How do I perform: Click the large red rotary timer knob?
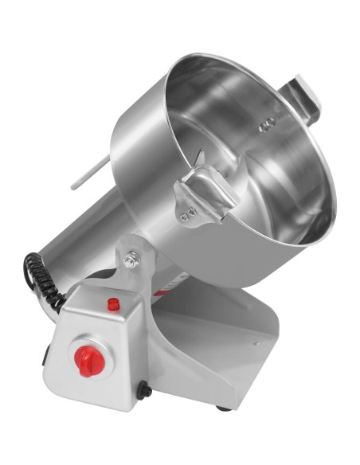point(88,360)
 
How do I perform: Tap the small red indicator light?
point(114,304)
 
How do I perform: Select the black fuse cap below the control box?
point(143,390)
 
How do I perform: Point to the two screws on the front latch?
point(188,214)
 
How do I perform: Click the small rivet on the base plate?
point(256,345)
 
